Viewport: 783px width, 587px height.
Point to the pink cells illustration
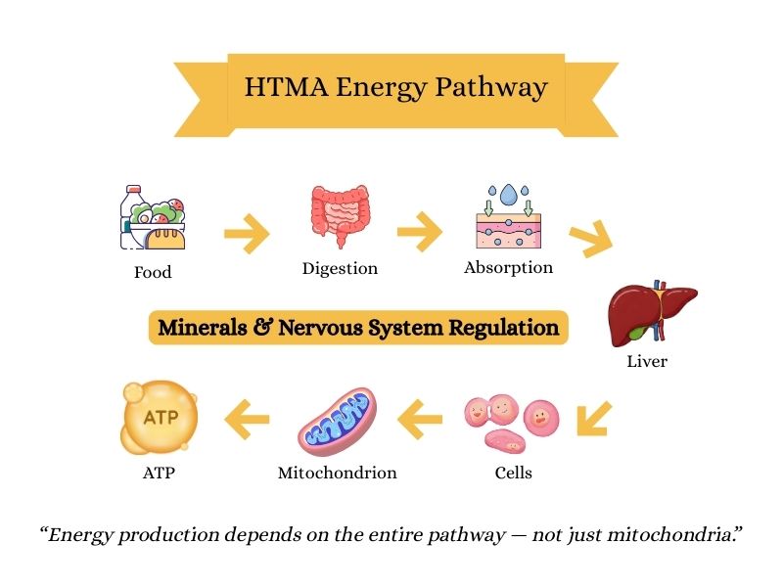[x=511, y=424]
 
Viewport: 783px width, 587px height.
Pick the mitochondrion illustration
[x=338, y=424]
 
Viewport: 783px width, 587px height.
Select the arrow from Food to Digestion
[x=246, y=235]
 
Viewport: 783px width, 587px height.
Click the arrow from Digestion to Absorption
[x=419, y=234]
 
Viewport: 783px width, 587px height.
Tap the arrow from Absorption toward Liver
[x=590, y=238]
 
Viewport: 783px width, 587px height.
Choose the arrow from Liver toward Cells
[x=594, y=419]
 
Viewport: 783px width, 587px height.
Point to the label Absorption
[x=508, y=267]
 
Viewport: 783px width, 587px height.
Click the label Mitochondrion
[x=338, y=473]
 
